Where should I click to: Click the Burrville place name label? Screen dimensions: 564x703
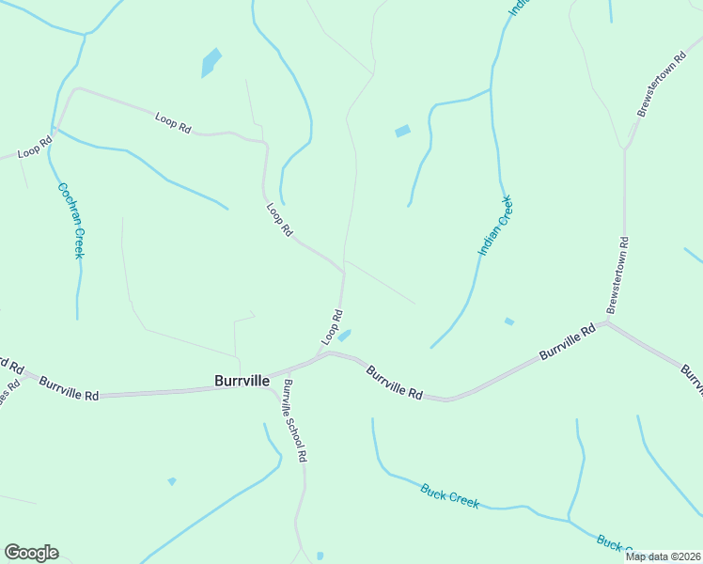[242, 382]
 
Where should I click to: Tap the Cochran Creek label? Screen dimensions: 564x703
[71, 220]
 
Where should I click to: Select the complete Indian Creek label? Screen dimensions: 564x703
[495, 226]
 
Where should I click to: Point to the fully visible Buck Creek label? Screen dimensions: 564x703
[450, 495]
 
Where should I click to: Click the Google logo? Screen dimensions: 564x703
[31, 553]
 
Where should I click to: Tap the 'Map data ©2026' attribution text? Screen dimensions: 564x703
[664, 556]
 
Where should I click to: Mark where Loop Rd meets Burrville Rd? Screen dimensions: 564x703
[328, 354]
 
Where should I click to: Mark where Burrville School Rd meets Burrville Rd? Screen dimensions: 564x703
[280, 369]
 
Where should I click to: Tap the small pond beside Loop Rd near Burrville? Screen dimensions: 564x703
[345, 336]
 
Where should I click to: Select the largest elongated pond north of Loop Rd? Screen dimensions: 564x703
[211, 63]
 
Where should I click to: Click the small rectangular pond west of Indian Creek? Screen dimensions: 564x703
[403, 132]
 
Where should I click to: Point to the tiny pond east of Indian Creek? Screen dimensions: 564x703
[509, 322]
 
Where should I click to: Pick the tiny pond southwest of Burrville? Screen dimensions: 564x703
[172, 481]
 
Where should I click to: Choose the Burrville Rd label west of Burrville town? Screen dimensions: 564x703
[69, 388]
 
